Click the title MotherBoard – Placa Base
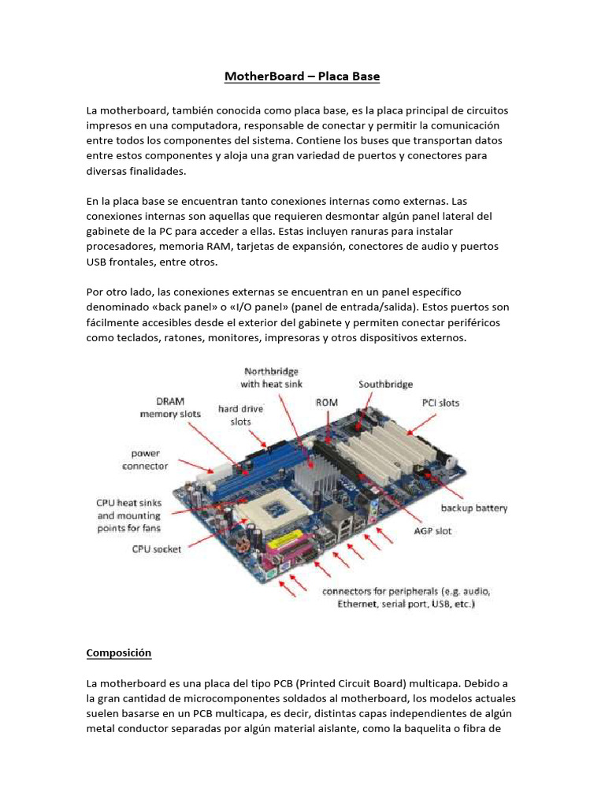pos(302,76)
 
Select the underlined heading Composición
pos(118,653)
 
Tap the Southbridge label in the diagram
pos(385,385)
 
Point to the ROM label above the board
pos(327,402)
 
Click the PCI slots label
pos(440,403)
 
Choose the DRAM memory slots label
pos(170,407)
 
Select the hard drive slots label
pos(241,415)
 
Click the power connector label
pos(145,459)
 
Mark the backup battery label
pos(473,508)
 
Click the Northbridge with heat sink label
pos(271,377)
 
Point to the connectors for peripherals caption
pos(406,597)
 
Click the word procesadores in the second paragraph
pos(121,247)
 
